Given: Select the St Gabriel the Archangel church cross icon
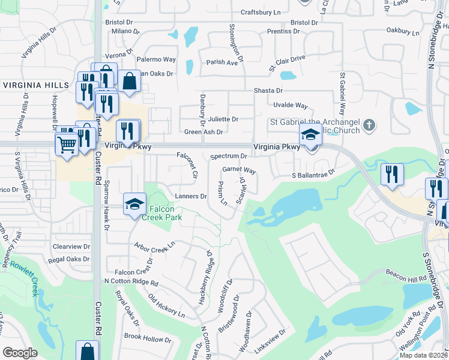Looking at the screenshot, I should (x=369, y=125).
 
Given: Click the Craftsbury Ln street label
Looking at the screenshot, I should (x=261, y=12).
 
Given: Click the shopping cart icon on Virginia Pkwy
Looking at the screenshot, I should (x=66, y=144).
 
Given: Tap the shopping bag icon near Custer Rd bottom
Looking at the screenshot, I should (x=87, y=351).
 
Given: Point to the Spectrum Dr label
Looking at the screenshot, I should (x=229, y=156).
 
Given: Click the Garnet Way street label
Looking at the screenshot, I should (x=239, y=170).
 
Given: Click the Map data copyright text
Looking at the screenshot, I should (x=423, y=355).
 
